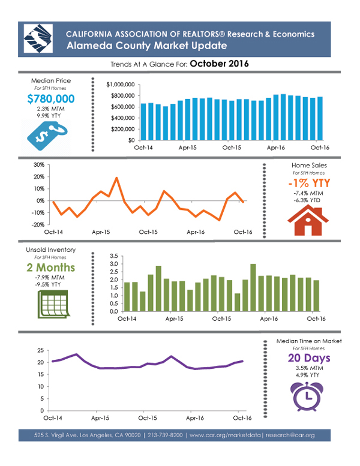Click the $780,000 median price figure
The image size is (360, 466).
pyautogui.click(x=51, y=99)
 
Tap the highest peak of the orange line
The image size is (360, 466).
pyautogui.click(x=116, y=178)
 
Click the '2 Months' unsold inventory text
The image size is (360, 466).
pyautogui.click(x=50, y=267)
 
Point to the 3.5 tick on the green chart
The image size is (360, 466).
pyautogui.click(x=113, y=256)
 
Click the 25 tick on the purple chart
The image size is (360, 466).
pyautogui.click(x=40, y=350)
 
